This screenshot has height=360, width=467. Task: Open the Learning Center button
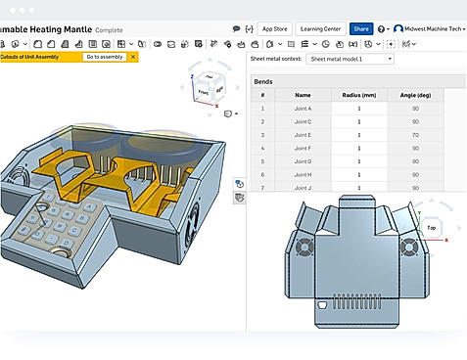[x=321, y=29]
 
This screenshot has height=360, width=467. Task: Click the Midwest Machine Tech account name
[x=432, y=29]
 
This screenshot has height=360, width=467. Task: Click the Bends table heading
[x=264, y=81]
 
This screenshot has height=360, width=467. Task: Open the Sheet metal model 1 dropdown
[x=350, y=59]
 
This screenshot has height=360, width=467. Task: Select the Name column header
[x=303, y=95]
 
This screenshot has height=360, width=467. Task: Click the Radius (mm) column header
[x=359, y=95]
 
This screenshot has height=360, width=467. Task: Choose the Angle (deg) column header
[x=415, y=95]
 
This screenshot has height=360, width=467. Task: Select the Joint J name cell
[x=303, y=187]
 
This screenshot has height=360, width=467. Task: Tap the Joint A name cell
[x=303, y=108]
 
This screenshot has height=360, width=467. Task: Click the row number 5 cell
[x=262, y=160]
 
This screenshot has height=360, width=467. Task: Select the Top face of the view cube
[x=432, y=227]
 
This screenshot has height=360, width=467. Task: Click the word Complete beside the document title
[x=109, y=29]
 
